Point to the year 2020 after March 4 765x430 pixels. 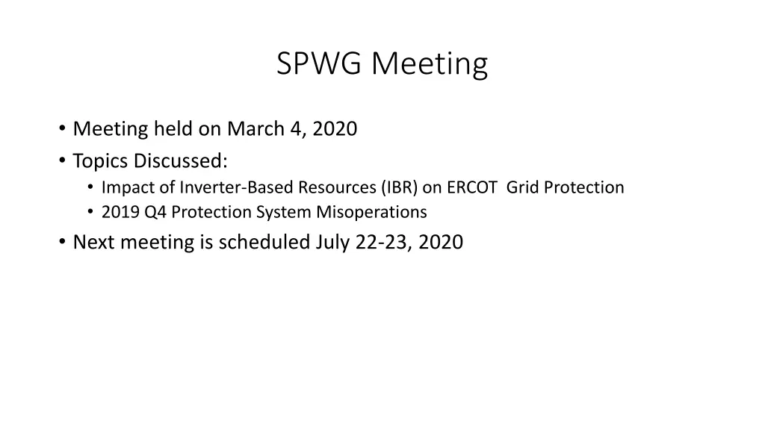(x=335, y=129)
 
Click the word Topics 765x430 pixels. (x=101, y=161)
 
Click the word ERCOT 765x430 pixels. (x=472, y=187)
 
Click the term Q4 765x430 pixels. (x=155, y=213)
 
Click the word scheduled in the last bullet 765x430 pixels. (x=264, y=242)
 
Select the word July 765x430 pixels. (x=333, y=242)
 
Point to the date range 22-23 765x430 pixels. (x=382, y=242)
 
